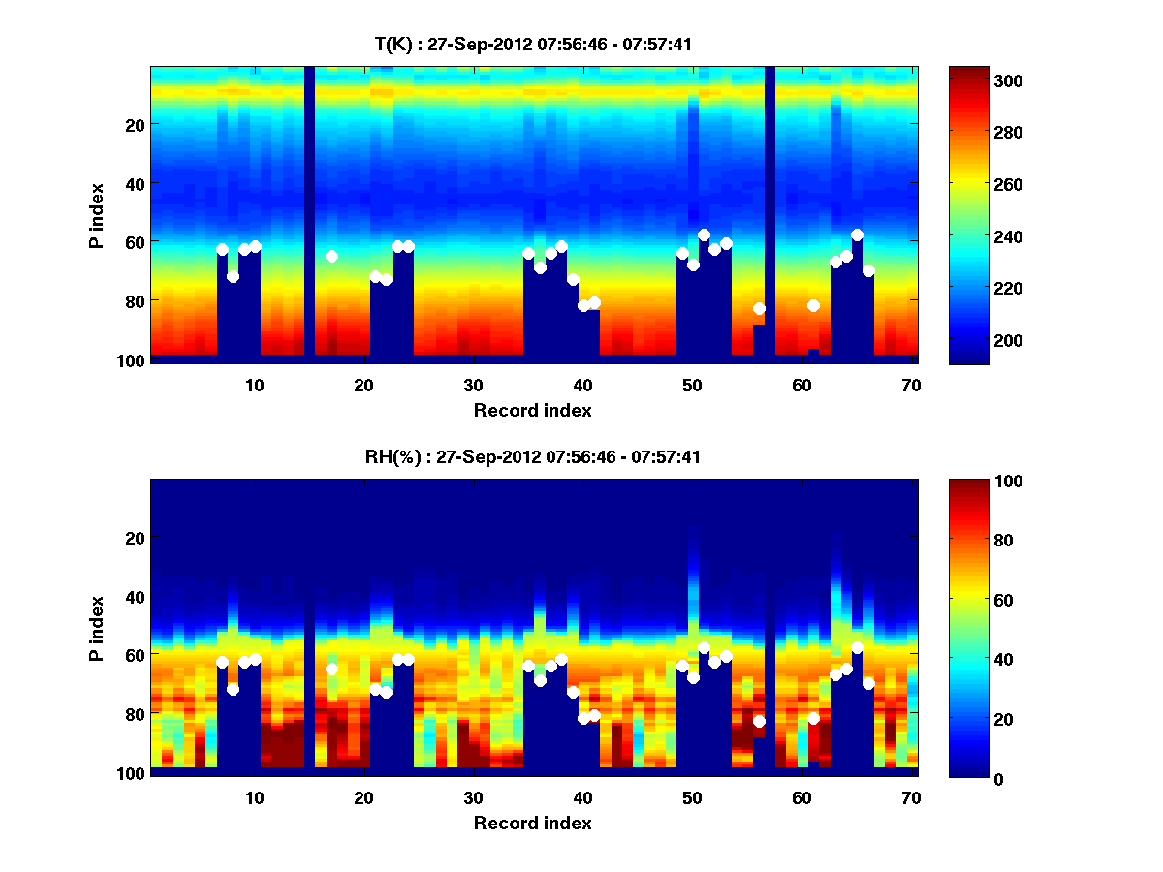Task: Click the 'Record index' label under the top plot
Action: coord(532,410)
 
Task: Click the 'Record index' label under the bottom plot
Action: coord(532,823)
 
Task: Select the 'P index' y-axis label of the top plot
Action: coord(97,215)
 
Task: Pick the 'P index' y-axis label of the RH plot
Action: coord(97,628)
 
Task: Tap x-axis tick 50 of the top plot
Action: coord(692,385)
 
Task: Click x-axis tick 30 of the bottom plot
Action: coord(473,797)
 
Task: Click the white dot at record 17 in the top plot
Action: coord(331,256)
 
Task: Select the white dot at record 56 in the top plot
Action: coord(759,308)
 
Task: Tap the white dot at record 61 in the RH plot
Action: coord(813,718)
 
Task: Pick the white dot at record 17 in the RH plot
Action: coord(331,669)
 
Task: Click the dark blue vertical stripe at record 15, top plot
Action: coord(309,213)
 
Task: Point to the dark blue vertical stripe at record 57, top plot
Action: coord(770,213)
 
